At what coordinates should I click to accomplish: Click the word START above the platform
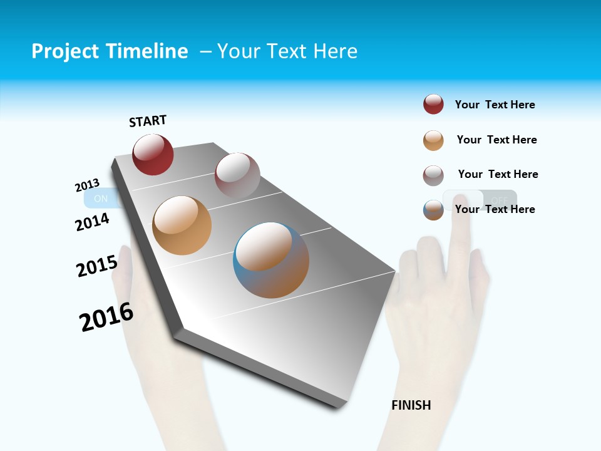coord(148,121)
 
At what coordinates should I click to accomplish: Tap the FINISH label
coord(411,405)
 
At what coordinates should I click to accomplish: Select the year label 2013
coord(88,185)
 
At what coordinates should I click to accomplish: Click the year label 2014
coord(93,222)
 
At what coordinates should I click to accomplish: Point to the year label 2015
coord(97,266)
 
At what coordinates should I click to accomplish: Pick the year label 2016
coord(106,317)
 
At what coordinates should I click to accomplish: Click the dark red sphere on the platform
coord(153,155)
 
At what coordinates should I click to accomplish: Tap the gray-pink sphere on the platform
coord(237,175)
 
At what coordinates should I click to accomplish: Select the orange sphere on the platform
coord(182,225)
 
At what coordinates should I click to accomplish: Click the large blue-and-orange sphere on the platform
coord(271,260)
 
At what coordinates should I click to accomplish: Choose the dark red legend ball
coord(433,105)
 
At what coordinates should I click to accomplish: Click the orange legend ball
coord(433,140)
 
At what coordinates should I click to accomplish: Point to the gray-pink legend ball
coord(433,175)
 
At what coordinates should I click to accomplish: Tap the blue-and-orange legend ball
coord(433,210)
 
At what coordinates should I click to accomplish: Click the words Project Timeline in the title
coord(110,51)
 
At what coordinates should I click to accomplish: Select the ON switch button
coord(100,199)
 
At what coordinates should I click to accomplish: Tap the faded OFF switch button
coord(499,200)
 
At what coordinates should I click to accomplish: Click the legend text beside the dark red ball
coord(495,105)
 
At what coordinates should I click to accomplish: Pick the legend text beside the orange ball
coord(496,140)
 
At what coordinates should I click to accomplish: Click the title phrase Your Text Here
coord(287,51)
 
